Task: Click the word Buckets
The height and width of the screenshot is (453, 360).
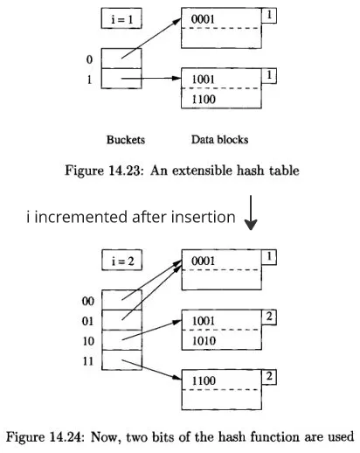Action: pos(125,138)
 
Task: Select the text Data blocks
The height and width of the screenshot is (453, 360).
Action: pos(219,138)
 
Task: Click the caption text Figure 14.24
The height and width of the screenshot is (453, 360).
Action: pos(49,437)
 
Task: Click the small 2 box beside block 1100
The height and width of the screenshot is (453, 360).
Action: pos(271,376)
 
